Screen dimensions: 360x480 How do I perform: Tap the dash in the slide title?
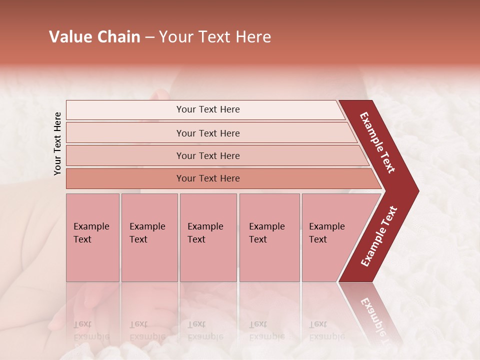(x=149, y=37)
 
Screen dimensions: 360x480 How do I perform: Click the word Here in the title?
(x=253, y=37)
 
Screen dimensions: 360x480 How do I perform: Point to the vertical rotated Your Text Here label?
(x=57, y=143)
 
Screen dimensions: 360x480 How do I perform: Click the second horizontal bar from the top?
(x=208, y=133)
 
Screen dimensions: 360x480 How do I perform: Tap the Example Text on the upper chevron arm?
(x=377, y=142)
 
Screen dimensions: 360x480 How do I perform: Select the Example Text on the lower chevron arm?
(x=379, y=236)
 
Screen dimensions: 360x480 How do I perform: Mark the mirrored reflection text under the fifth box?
(x=327, y=330)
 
